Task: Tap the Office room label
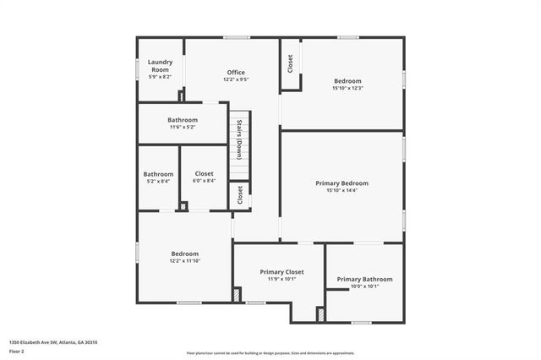236,72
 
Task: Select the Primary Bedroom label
342,183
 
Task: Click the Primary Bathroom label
364,279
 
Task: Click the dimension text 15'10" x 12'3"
347,88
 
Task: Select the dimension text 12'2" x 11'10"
185,261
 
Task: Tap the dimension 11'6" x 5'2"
183,128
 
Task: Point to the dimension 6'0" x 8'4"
204,181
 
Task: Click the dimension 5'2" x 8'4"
158,181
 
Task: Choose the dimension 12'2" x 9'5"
236,79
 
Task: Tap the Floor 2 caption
18,351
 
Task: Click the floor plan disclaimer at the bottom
270,352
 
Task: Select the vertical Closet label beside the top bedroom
290,63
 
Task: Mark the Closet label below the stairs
240,195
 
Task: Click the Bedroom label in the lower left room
185,254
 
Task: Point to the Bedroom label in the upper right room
347,80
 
